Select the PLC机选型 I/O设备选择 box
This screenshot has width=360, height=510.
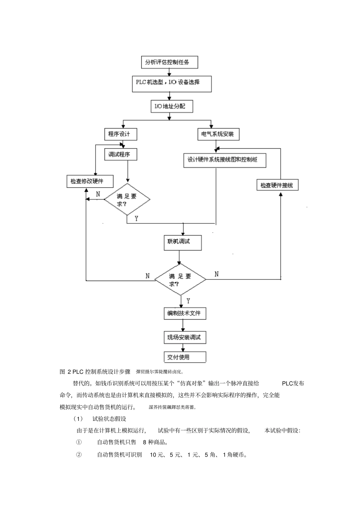[x=172, y=83]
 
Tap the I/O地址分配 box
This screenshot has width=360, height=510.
[x=171, y=106]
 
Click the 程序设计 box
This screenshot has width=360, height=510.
[x=120, y=134]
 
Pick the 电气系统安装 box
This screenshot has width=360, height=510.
[x=218, y=134]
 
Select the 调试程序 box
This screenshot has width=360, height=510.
[x=120, y=154]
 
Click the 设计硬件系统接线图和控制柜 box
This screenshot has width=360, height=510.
[x=225, y=160]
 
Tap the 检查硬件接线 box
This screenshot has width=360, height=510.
[x=277, y=185]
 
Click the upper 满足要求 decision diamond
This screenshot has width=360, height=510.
[x=127, y=199]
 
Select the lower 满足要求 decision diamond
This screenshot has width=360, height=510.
[x=180, y=280]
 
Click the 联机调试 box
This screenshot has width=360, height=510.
[x=180, y=242]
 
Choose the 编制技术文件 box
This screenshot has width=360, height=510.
[x=184, y=313]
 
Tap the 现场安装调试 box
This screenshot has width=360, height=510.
[x=184, y=337]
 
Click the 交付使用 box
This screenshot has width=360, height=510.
[x=184, y=357]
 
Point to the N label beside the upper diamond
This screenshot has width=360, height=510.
[x=98, y=194]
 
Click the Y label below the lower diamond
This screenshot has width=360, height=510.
[x=188, y=301]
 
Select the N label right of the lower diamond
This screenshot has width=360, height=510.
[x=216, y=274]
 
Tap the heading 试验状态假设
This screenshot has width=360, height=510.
[x=109, y=419]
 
